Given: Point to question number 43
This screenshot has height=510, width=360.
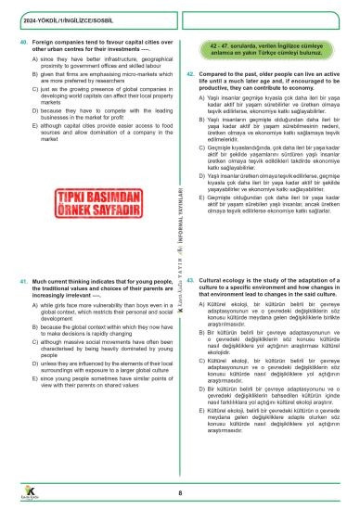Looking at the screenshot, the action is point(190,278).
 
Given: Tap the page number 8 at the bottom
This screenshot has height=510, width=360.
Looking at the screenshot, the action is point(179,478).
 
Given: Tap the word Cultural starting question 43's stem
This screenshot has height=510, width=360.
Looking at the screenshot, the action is point(212,278).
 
